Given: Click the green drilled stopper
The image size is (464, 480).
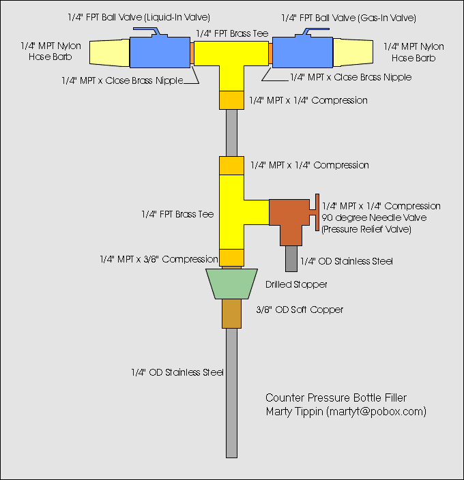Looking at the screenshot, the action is pos(231,284).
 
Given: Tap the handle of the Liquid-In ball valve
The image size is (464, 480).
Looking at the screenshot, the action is pos(147,31).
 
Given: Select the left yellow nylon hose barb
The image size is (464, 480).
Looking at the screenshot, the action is pos(110,52).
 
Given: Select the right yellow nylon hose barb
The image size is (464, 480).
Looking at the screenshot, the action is pos(353,52).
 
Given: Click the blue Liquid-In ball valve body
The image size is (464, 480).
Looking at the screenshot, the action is pos(160,52).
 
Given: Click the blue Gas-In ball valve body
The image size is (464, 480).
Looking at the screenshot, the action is pos(302,52).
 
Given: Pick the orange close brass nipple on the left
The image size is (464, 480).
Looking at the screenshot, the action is pos(192,53).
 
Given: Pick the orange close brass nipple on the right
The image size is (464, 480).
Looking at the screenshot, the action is pos(270,53).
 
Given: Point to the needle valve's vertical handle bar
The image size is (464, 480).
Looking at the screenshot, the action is pos(317,212).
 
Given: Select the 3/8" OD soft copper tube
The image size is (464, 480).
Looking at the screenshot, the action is pos(231,314).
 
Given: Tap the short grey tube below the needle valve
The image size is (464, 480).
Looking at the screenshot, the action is pos(291,258).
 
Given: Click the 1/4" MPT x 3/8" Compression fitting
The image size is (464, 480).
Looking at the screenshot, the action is pos(231,258).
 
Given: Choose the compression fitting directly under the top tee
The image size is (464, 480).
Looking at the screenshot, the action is pos(231,100).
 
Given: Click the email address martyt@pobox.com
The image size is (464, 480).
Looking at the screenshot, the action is pos(377,411).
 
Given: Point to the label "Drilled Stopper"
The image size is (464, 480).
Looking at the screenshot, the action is pos(296,284).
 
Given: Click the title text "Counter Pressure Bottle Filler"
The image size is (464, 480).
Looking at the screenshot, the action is pos(336,397).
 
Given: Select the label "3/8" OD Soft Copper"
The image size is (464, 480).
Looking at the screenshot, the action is pos(300,310).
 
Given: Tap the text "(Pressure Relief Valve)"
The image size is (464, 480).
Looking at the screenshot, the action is pos(366,229).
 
